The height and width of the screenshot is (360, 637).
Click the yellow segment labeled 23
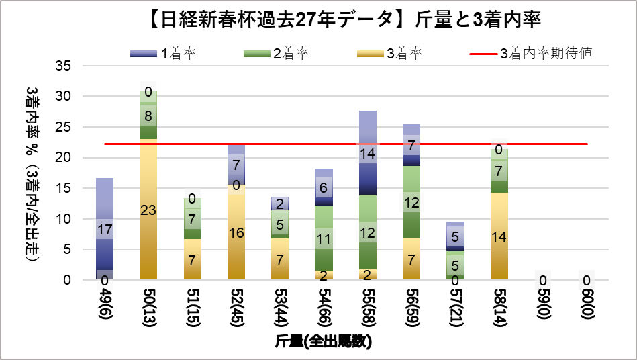point(148,209)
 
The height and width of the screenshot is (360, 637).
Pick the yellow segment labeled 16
point(236,232)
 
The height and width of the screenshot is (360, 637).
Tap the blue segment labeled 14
point(367,153)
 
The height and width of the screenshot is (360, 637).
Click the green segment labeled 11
point(324,238)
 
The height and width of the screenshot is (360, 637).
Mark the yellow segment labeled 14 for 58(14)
point(498,236)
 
